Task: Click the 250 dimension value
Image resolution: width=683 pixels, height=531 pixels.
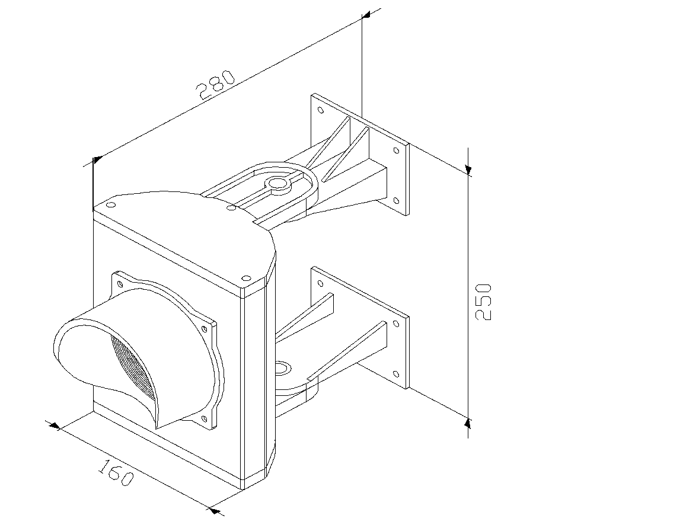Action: [483, 302]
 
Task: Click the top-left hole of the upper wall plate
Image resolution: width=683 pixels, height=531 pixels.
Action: [321, 110]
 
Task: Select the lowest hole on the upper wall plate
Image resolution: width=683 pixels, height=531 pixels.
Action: [396, 201]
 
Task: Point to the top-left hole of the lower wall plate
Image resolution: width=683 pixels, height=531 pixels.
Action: [321, 284]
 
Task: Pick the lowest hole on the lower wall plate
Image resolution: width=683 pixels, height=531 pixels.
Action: [396, 375]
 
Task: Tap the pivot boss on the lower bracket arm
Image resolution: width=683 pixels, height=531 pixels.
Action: [283, 368]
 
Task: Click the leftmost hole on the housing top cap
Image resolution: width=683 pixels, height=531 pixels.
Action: [111, 204]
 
